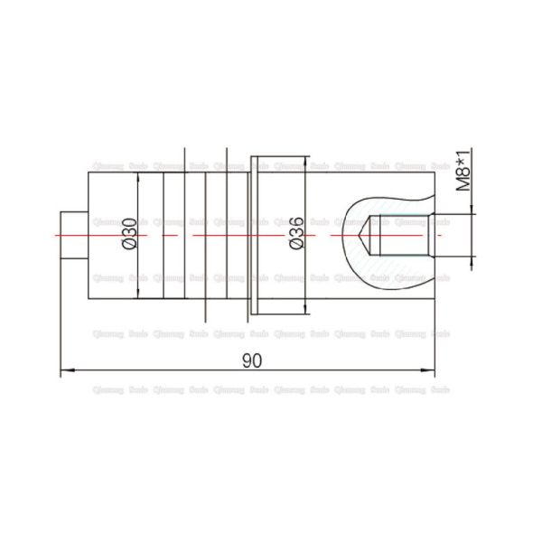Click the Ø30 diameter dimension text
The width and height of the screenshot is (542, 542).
coord(128,234)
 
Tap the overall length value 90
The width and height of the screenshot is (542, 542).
coord(251,360)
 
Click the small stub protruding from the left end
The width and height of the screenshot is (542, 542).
coord(73,235)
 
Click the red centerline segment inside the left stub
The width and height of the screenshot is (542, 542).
coord(72,235)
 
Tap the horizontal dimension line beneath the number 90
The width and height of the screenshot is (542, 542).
coord(181,370)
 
